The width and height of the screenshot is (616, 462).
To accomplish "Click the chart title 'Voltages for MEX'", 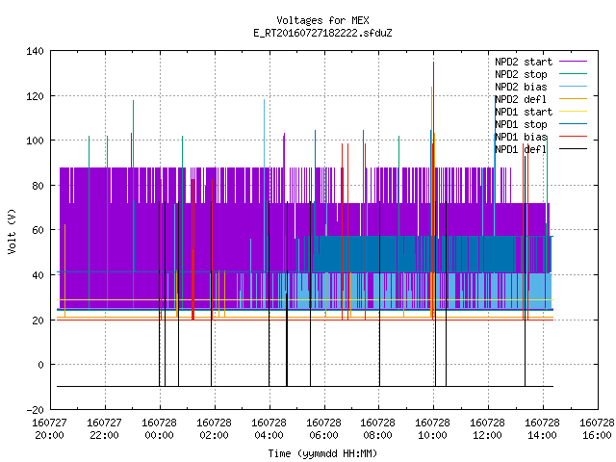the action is (x=322, y=20).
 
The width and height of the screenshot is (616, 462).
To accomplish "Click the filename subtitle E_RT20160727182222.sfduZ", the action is (x=322, y=33).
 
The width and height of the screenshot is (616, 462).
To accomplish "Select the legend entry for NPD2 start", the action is (x=541, y=62).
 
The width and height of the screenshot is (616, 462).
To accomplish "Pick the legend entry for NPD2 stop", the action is (x=541, y=74).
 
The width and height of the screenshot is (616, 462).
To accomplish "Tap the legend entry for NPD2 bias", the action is (x=541, y=87).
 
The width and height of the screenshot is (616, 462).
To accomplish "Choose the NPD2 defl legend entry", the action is (x=541, y=99).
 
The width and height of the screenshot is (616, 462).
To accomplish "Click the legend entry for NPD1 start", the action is (x=541, y=112).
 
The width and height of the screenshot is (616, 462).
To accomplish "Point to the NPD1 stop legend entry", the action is (x=541, y=124).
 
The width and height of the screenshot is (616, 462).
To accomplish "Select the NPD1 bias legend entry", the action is (x=541, y=137).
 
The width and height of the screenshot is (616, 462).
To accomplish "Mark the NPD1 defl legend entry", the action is (x=541, y=150).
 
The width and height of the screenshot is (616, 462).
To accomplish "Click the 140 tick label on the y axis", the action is (x=35, y=51).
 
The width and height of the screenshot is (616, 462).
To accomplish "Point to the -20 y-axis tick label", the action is (x=35, y=410).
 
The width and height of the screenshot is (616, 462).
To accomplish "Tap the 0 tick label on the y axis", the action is (x=40, y=365).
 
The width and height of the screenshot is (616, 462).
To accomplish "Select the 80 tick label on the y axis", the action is (x=38, y=186).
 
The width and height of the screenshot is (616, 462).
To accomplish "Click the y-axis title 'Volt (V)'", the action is (x=12, y=231).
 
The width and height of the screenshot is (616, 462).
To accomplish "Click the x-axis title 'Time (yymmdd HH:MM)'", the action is (x=322, y=453).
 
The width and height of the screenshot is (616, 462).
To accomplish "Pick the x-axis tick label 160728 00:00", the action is (x=160, y=429).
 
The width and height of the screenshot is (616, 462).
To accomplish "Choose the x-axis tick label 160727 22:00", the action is (x=105, y=429).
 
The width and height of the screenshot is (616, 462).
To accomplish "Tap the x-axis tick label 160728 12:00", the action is (x=488, y=429).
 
